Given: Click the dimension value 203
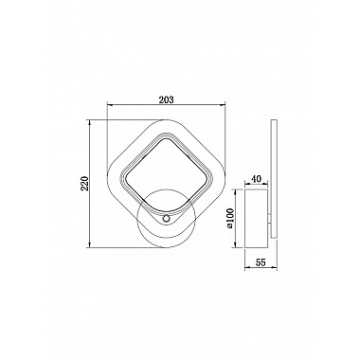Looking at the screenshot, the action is coord(166,99).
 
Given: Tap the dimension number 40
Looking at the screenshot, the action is coord(257,179).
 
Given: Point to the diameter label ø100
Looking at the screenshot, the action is coord(229,218).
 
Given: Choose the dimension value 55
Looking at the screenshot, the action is coord(261,262).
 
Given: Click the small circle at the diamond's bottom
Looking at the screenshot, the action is coord(166,219).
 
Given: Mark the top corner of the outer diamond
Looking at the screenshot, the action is coord(166,120).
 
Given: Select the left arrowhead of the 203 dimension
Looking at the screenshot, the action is coord(109,104).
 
